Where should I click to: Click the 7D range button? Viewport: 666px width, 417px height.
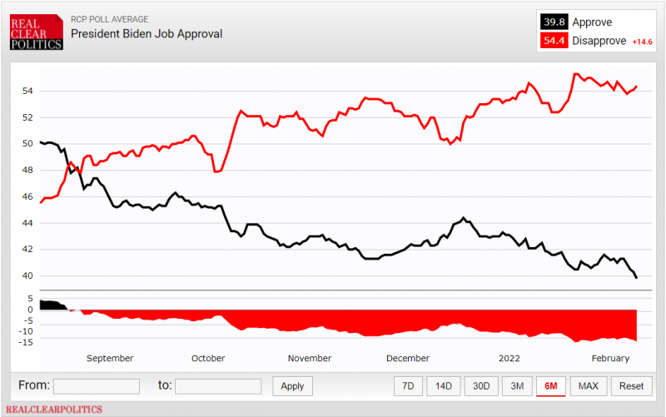pos(408,385)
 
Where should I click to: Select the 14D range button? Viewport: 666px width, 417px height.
pos(444,385)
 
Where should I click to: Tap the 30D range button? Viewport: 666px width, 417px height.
pos(481,385)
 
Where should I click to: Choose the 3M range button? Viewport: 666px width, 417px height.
pos(517,385)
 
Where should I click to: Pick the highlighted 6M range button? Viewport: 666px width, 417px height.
pos(550,385)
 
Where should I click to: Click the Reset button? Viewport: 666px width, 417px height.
pos(631,385)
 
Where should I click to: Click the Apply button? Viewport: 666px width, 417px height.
pos(292,386)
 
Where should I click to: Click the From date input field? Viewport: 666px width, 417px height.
pos(96,386)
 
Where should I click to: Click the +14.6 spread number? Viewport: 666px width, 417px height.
pos(644,42)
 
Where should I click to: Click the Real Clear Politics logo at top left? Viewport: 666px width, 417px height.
pos(37,32)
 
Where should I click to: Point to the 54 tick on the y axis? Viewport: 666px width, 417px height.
pos(27,91)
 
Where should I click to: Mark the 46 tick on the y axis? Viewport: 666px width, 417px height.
pos(27,196)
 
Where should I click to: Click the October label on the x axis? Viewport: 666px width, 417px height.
pos(208,358)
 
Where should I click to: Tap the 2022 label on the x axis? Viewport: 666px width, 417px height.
pos(509,358)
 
